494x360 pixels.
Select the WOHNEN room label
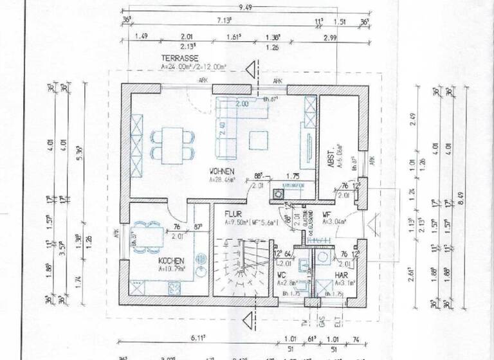coord(221,172)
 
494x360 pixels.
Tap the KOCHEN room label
coord(172,261)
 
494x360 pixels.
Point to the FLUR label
coord(233,213)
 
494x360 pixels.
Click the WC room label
coord(282,276)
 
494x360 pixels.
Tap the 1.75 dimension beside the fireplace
coord(293,175)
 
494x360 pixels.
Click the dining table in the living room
coord(172,143)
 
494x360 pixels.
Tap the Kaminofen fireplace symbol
coord(279,192)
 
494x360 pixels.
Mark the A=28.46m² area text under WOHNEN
coord(221,181)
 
